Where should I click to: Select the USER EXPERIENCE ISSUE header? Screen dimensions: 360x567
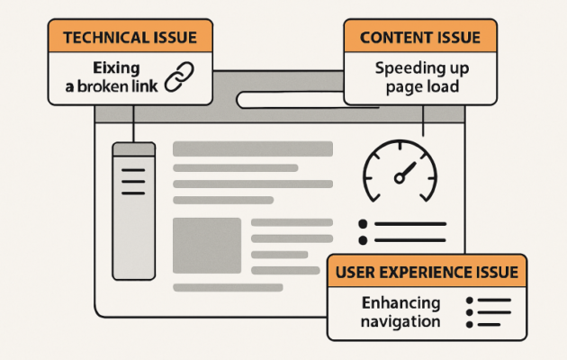(427, 272)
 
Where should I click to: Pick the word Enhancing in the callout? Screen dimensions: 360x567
(400, 303)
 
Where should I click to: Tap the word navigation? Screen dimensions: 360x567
(400, 321)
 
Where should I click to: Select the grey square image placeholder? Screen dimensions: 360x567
(207, 245)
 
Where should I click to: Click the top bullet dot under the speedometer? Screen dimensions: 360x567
(364, 224)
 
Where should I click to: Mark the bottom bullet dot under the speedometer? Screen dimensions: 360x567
(364, 240)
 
